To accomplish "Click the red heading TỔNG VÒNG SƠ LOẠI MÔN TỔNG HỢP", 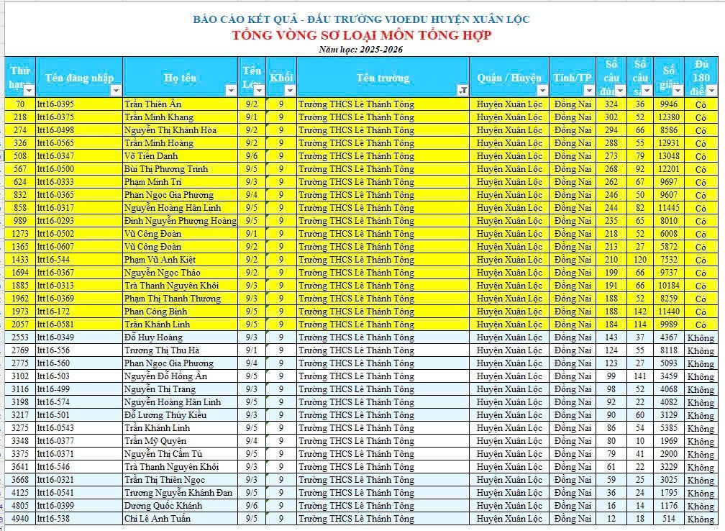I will pyautogui.click(x=362, y=35).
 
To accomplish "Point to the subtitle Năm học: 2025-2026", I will pyautogui.click(x=362, y=49).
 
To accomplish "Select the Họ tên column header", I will pyautogui.click(x=180, y=78).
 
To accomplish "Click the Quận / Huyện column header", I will pyautogui.click(x=509, y=78).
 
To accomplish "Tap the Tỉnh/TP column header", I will pyautogui.click(x=573, y=78).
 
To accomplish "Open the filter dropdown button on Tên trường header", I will pyautogui.click(x=463, y=91).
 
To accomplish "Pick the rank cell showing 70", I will pyautogui.click(x=20, y=104).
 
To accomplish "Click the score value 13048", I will pyautogui.click(x=668, y=156).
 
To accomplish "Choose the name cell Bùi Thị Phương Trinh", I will pyautogui.click(x=166, y=169).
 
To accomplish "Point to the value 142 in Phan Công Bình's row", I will pyautogui.click(x=640, y=312).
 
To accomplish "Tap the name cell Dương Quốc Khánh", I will pyautogui.click(x=163, y=506).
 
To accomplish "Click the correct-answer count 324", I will pyautogui.click(x=611, y=104).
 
